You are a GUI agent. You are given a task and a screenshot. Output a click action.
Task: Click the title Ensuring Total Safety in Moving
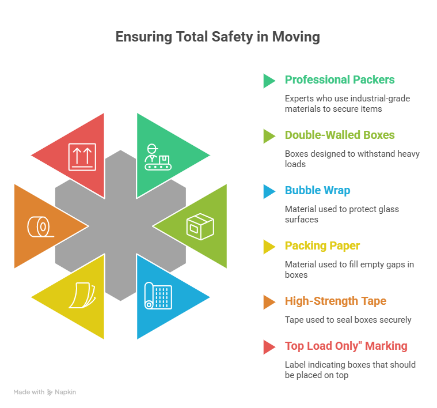coord(218,37)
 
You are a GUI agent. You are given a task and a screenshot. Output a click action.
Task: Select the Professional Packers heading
coord(340,80)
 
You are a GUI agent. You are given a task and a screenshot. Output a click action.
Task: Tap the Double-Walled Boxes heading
coord(340,135)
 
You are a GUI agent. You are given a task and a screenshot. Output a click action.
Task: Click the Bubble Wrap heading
coord(317,191)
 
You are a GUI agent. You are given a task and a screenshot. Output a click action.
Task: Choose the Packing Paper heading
coord(322,245)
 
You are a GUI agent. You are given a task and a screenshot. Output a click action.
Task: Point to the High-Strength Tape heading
coord(336,301)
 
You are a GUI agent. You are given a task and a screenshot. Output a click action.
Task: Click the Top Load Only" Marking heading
coord(346,346)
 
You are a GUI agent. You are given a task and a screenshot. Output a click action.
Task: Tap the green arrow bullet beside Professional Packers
coord(269,81)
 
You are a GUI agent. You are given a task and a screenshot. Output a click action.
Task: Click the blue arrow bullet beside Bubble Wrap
coord(269,191)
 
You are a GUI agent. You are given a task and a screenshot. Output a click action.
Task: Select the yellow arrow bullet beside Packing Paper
coord(269,247)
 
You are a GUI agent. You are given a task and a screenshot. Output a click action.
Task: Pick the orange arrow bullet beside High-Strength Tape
coord(269,303)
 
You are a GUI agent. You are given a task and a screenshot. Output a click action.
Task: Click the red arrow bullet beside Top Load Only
coord(269,347)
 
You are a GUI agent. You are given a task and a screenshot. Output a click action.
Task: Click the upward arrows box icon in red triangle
coord(82,157)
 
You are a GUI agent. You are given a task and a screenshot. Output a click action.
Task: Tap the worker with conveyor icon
coord(158,157)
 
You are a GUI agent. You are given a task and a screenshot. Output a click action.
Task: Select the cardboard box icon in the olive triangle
coord(200,226)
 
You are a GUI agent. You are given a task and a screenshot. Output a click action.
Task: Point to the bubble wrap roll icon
coord(158,296)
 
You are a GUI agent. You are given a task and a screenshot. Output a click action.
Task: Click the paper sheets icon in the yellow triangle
coord(82,296)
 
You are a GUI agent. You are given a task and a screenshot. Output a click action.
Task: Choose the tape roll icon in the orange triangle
coord(41,226)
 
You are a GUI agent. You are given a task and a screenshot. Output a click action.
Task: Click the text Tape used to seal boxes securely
coord(348,320)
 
